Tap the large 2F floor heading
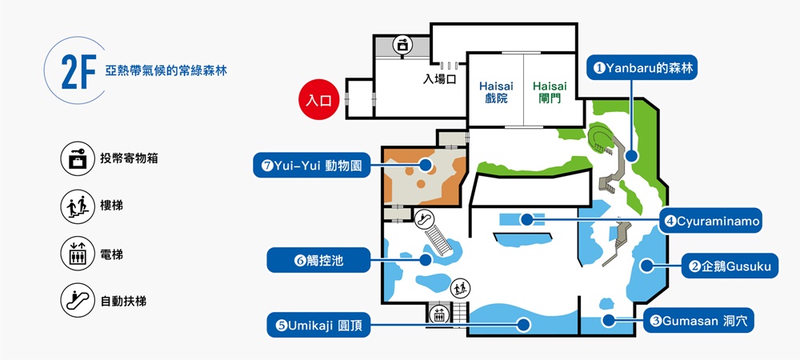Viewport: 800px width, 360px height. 78,72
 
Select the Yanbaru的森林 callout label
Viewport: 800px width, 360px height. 642,67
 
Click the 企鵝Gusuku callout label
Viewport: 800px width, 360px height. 730,266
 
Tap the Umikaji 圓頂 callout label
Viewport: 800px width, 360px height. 318,326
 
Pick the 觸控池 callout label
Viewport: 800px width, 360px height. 318,260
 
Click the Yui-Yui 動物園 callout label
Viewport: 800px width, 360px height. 311,166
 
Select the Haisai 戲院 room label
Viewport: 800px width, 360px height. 497,92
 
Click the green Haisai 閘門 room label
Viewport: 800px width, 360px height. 550,92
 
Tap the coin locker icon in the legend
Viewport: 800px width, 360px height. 78,158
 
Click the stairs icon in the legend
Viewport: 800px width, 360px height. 78,206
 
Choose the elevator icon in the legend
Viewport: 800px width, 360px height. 78,254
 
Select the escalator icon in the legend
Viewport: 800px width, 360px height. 78,301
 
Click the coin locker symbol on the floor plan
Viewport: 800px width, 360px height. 402,45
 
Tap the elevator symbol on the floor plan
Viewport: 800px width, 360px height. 438,314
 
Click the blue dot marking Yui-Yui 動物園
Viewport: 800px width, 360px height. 425,165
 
